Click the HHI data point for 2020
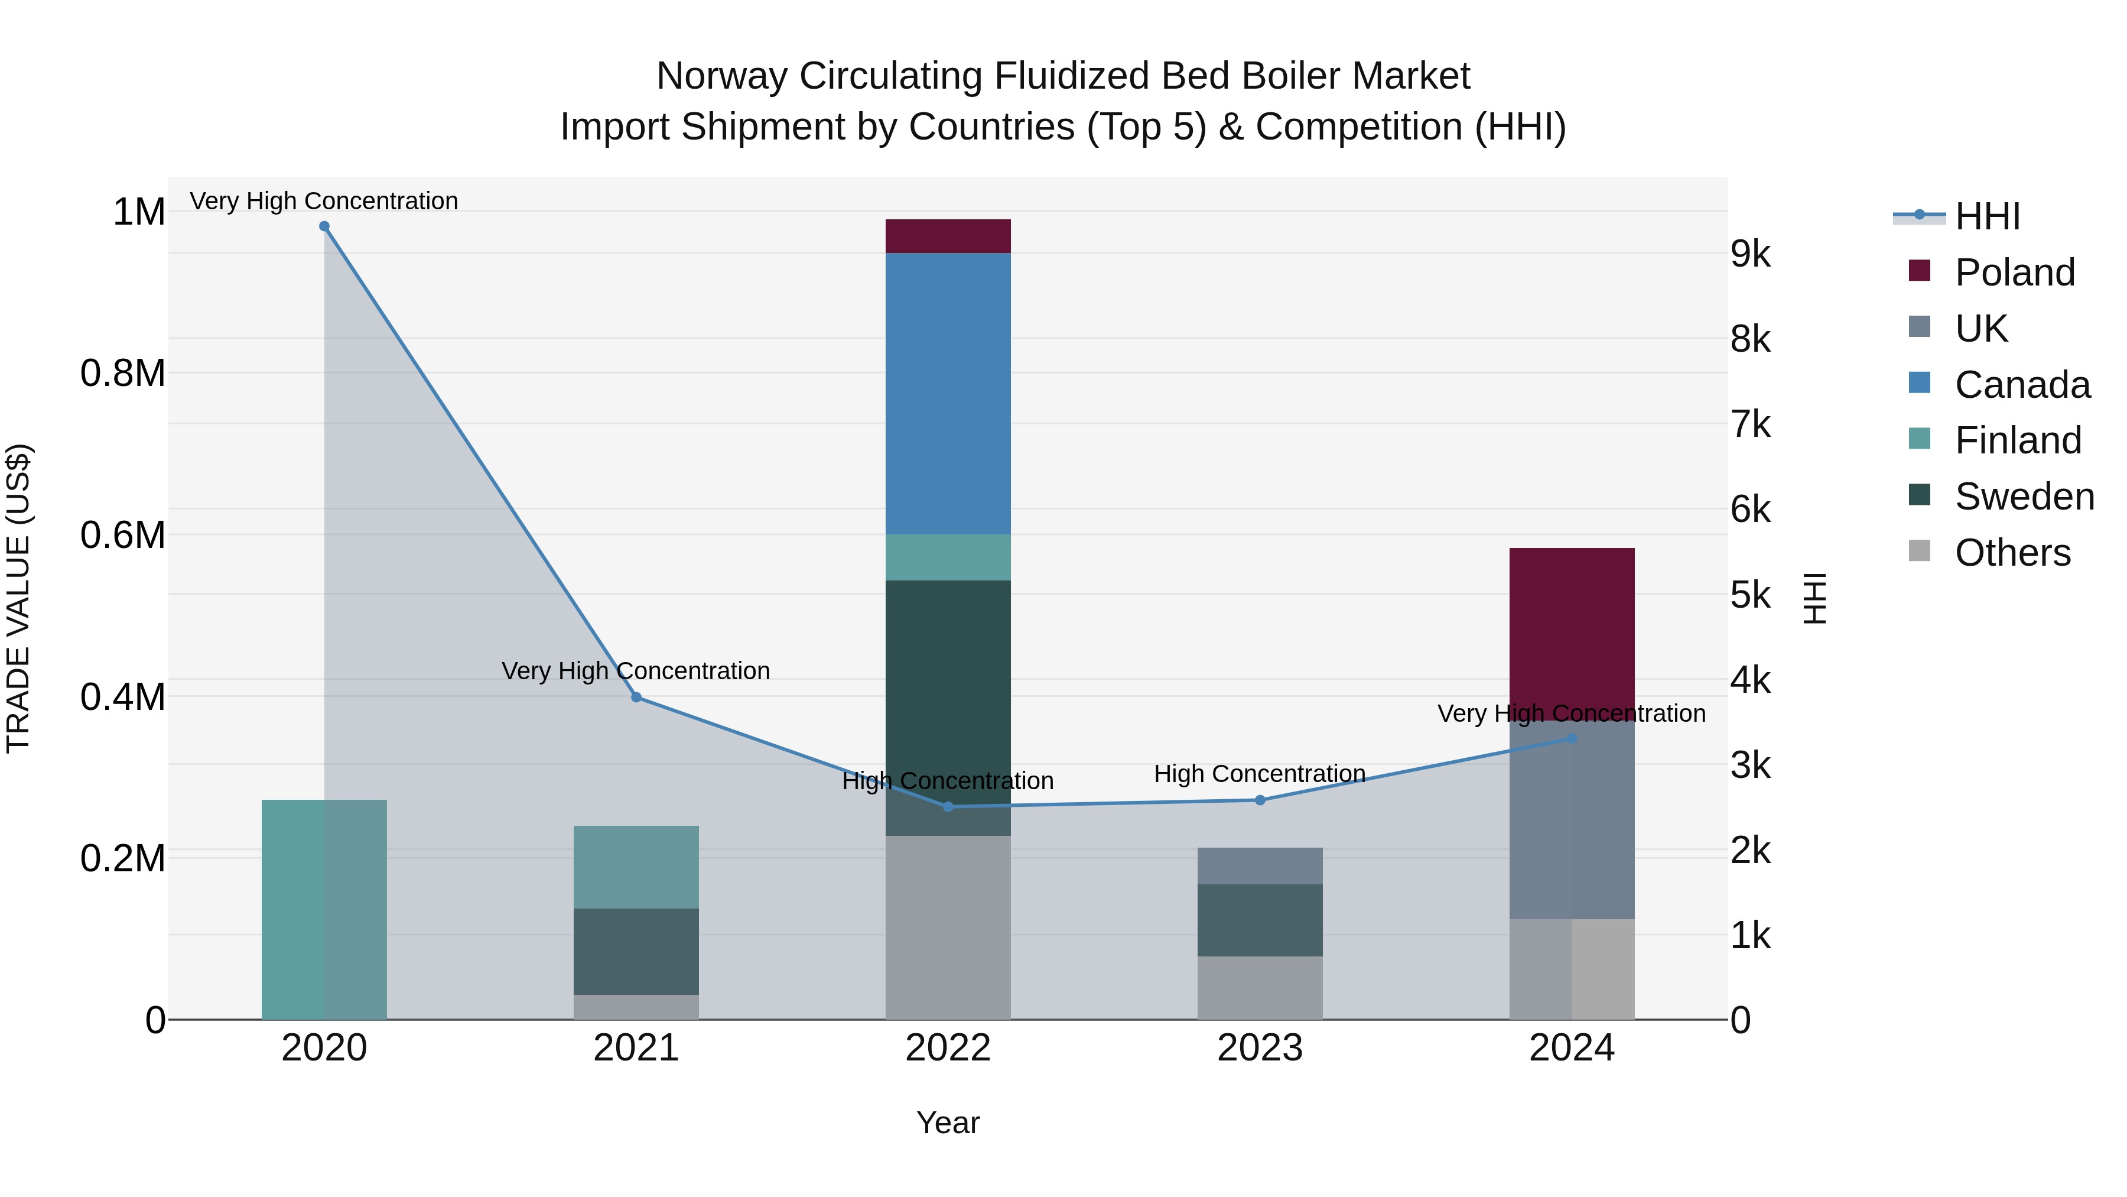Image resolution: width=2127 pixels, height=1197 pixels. click(324, 226)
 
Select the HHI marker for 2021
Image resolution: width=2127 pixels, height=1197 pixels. click(636, 698)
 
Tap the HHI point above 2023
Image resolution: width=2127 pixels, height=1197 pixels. click(1260, 800)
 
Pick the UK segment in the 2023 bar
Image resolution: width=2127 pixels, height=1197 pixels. click(1260, 866)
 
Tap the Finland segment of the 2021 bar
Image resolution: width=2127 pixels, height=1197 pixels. click(636, 867)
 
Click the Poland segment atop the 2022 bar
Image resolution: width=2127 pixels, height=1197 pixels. click(948, 236)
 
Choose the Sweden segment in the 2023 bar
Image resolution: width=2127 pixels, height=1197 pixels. click(1260, 920)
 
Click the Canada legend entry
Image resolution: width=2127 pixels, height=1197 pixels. click(2021, 385)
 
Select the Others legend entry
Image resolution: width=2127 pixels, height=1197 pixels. click(2012, 553)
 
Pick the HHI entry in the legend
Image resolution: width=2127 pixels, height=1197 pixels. click(1986, 216)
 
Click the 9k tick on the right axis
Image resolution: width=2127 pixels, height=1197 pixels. click(1751, 254)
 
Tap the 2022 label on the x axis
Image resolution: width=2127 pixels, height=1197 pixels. click(948, 1048)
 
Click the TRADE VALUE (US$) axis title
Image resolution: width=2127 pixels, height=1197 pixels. click(18, 598)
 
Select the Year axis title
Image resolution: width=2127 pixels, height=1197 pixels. click(948, 1123)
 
